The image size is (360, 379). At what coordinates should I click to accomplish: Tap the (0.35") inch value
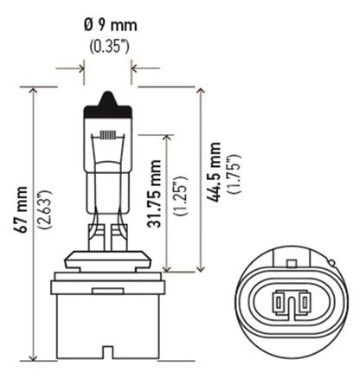(108, 45)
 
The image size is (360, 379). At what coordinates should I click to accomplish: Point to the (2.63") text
(42, 212)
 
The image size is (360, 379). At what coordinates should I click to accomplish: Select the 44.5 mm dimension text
(214, 173)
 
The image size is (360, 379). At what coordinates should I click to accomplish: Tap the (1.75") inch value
(234, 173)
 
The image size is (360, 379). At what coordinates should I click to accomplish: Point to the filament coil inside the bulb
(108, 136)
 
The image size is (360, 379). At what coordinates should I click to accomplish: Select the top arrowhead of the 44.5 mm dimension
(202, 90)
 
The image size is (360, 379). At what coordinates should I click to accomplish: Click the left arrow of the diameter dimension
(80, 66)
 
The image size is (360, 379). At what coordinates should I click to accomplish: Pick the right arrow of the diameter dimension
(137, 66)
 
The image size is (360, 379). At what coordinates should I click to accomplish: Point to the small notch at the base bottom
(107, 352)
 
